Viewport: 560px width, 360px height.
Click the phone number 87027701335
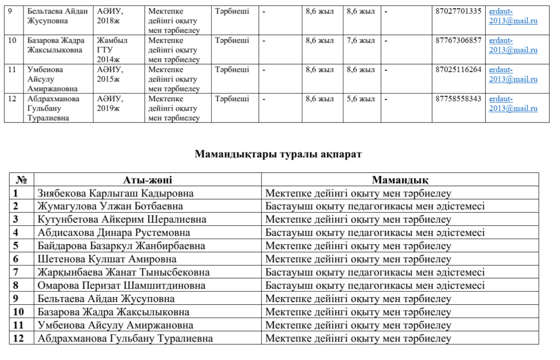pyautogui.click(x=459, y=11)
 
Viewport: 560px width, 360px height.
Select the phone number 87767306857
pyautogui.click(x=459, y=40)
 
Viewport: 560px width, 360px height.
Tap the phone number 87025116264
pyautogui.click(x=459, y=69)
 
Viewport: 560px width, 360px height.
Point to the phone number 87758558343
pyautogui.click(x=459, y=98)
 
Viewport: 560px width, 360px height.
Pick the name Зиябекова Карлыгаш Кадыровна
pyautogui.click(x=115, y=193)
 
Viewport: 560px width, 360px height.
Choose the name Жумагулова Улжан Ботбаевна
pyautogui.click(x=110, y=206)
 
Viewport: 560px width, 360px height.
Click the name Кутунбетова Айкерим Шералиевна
pyautogui.click(x=122, y=219)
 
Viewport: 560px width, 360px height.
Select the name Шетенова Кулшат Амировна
pyautogui.click(x=107, y=259)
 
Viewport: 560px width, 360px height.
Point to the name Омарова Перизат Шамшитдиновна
pyautogui.click(x=121, y=286)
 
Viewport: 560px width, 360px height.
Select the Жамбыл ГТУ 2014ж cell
pyautogui.click(x=112, y=50)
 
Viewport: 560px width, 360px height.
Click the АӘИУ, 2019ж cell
pyautogui.click(x=110, y=103)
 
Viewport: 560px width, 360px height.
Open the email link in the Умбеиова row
pyautogui.click(x=514, y=74)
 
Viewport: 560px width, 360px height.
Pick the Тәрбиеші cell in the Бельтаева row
pyautogui.click(x=232, y=11)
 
